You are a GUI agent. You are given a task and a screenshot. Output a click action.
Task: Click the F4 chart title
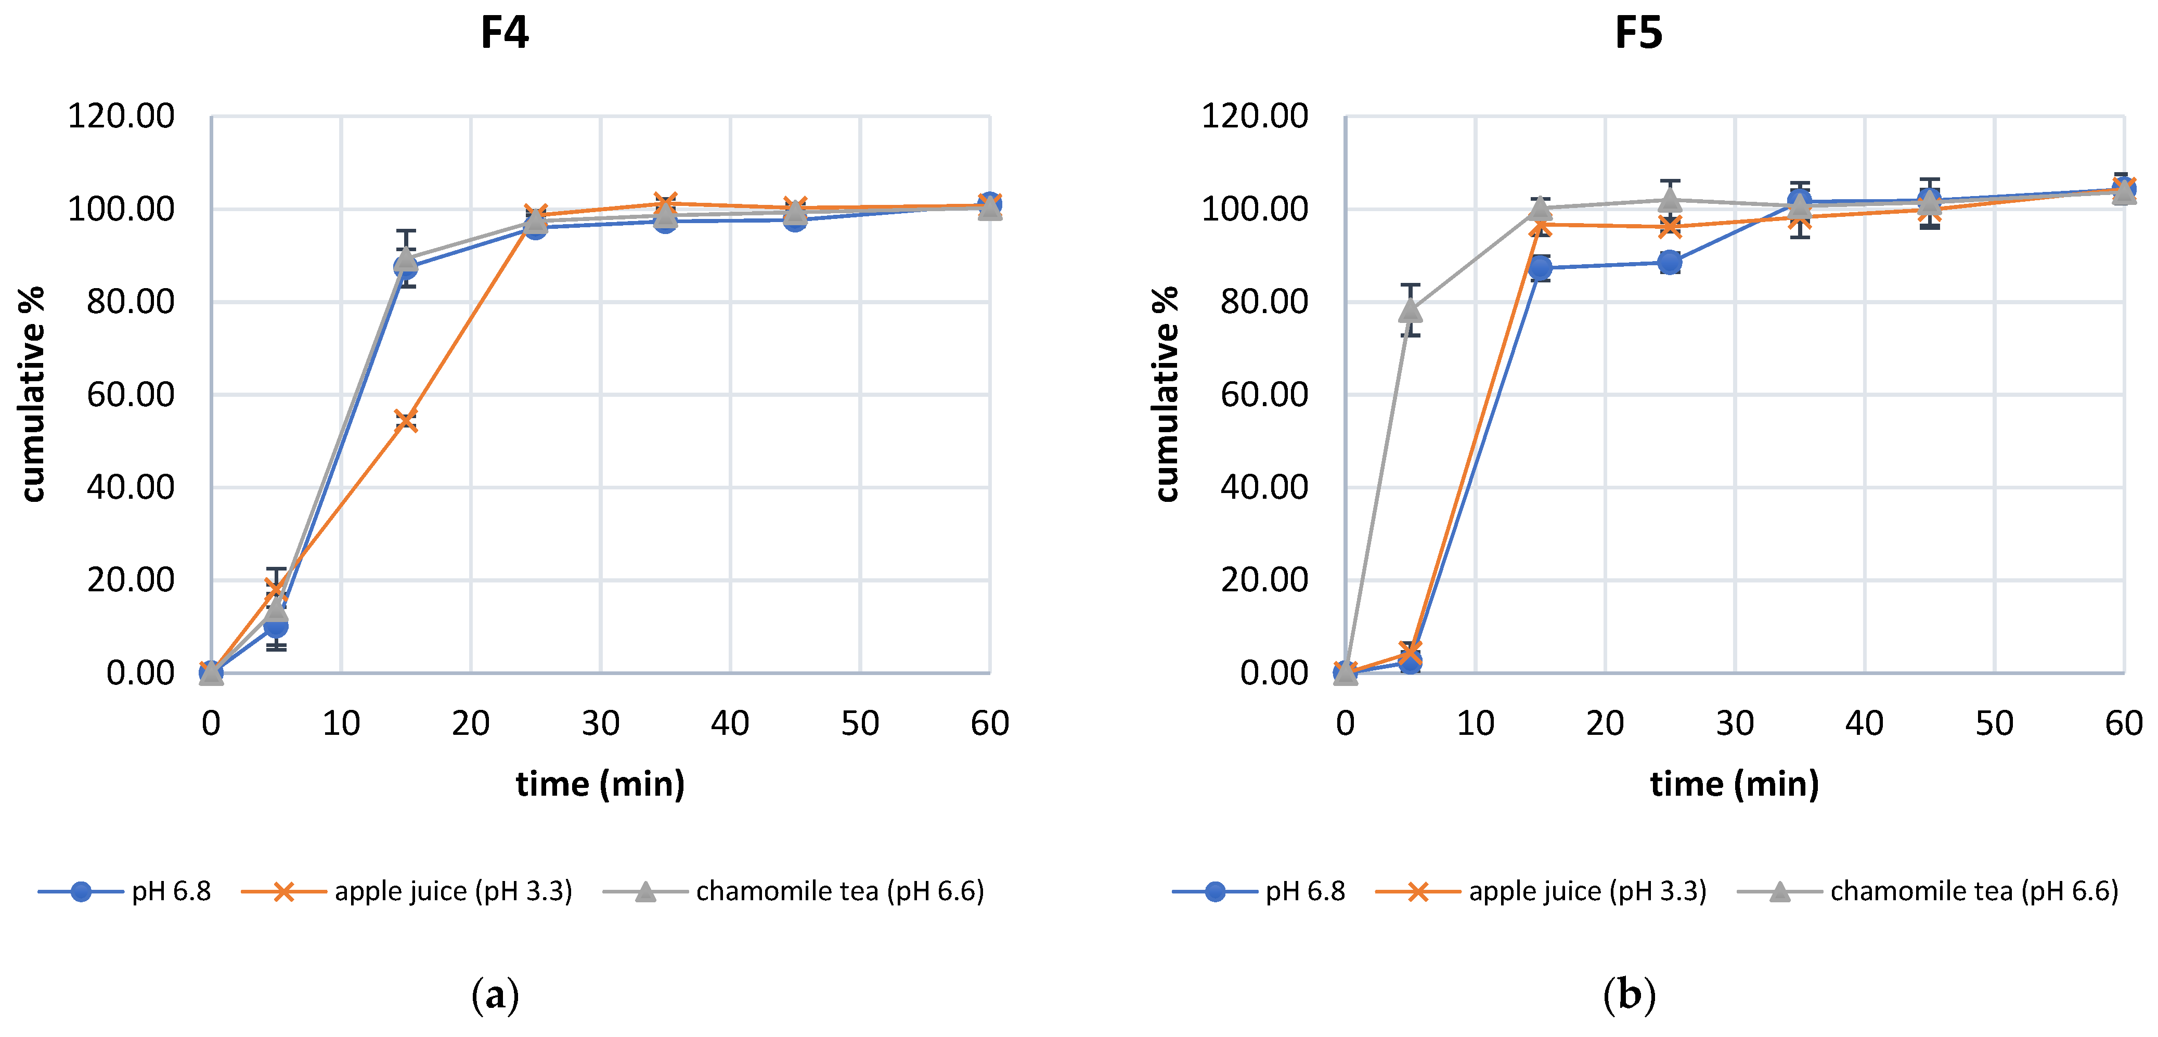[x=505, y=33]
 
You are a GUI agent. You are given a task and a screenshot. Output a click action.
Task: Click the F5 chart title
[x=1638, y=33]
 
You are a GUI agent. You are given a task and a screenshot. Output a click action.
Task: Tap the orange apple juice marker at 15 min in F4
[x=406, y=421]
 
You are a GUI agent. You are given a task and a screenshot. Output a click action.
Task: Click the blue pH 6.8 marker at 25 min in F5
[x=1670, y=262]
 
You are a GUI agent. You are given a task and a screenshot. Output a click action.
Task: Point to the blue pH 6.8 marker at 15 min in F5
[x=1540, y=268]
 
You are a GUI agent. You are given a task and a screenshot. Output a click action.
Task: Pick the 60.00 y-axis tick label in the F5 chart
[x=1264, y=395]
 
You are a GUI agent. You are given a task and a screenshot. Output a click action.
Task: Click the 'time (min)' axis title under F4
[x=600, y=784]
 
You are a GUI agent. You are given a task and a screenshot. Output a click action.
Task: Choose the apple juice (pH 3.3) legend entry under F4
[x=453, y=891]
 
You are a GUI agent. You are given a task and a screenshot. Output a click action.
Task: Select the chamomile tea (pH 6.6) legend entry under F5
[x=1973, y=891]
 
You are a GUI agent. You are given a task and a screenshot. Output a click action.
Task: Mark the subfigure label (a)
[x=495, y=995]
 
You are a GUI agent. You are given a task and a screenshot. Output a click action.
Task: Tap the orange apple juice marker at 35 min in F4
[x=665, y=203]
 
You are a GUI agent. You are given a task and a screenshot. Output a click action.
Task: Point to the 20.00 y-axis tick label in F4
[x=130, y=580]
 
